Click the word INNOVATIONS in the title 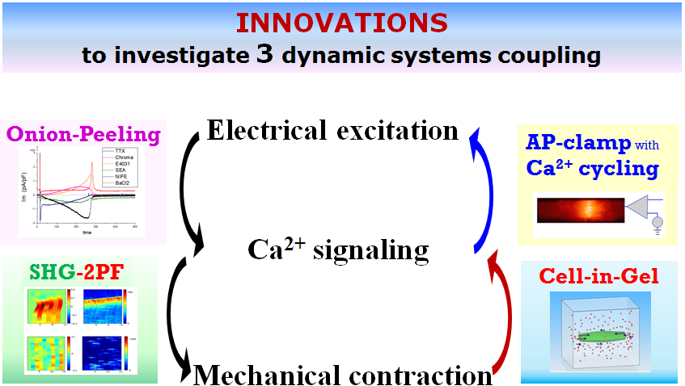[342, 23]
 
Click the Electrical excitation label [332, 130]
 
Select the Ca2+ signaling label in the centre [337, 251]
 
